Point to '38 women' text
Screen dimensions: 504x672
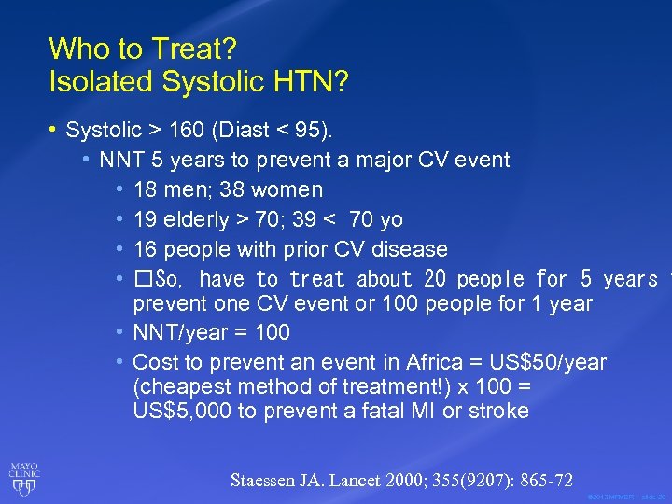(x=272, y=190)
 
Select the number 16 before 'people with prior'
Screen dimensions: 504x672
(x=145, y=250)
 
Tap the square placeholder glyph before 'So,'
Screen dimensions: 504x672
(x=142, y=279)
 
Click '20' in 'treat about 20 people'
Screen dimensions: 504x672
(x=435, y=279)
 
